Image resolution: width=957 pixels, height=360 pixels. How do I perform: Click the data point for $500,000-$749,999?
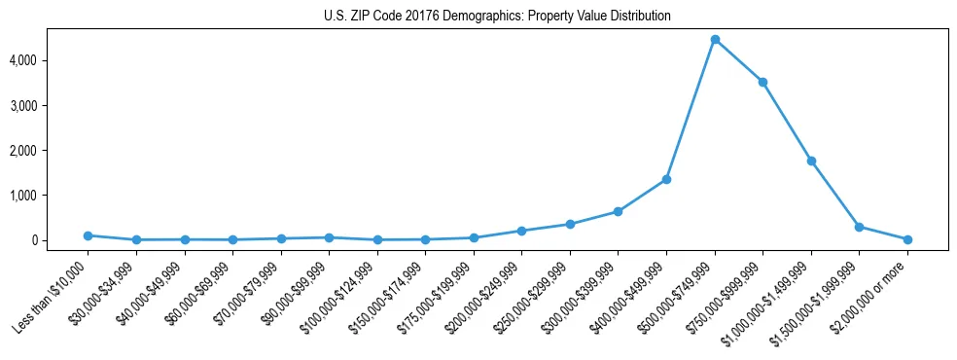pos(715,40)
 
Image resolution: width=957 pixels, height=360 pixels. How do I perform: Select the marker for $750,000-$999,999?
pos(763,82)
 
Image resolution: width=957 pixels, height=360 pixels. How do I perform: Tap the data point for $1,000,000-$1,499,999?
pos(811,161)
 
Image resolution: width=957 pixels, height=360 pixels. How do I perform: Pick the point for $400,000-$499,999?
pos(666,179)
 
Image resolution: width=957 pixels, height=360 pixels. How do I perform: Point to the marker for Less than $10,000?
pos(89,235)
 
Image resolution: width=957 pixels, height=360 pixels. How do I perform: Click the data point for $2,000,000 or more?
pos(907,239)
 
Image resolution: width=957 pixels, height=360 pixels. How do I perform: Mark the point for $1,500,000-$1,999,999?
pos(859,227)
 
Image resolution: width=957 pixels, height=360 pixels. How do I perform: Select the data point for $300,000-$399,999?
pos(619,211)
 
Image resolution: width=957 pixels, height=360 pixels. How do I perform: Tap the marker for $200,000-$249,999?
pos(522,231)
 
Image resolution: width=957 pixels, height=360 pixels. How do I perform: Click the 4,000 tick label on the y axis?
pos(49,60)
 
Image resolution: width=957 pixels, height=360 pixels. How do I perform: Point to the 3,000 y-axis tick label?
pos(49,105)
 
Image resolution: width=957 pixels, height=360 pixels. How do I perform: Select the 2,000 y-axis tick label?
pos(49,151)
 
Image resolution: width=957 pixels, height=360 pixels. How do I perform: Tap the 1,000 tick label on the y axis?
pos(49,196)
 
